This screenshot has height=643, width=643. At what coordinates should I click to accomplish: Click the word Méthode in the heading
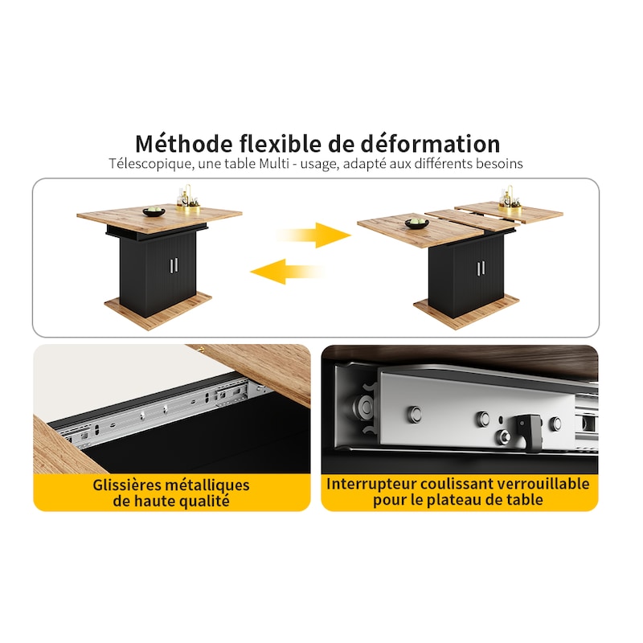pyautogui.click(x=184, y=144)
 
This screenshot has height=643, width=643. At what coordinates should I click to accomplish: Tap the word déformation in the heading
pyautogui.click(x=430, y=144)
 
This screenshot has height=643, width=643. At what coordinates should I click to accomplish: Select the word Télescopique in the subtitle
pyautogui.click(x=150, y=164)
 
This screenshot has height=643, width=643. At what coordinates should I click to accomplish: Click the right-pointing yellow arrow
pyautogui.click(x=313, y=235)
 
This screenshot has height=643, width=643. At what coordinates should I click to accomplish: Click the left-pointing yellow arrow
pyautogui.click(x=287, y=272)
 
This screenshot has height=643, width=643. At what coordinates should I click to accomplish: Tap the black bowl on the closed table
pyautogui.click(x=154, y=212)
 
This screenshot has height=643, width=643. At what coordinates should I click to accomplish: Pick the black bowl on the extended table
pyautogui.click(x=416, y=223)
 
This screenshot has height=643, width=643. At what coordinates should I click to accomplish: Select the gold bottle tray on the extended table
pyautogui.click(x=510, y=199)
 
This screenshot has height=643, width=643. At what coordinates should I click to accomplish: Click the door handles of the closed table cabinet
pyautogui.click(x=174, y=265)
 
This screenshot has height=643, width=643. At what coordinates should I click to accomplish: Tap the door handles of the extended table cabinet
pyautogui.click(x=481, y=268)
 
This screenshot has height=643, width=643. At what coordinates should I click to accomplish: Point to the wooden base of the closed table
pyautogui.click(x=158, y=310)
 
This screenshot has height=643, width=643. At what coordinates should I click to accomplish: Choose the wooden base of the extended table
pyautogui.click(x=466, y=312)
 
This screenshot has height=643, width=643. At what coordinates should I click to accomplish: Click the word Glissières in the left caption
pyautogui.click(x=127, y=485)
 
